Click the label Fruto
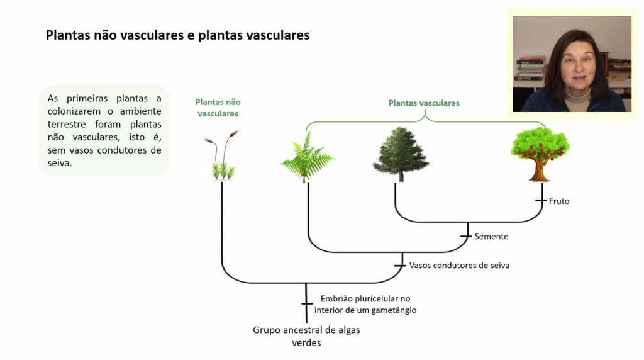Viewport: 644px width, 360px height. pyautogui.click(x=559, y=201)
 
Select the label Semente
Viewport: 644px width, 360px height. pyautogui.click(x=491, y=237)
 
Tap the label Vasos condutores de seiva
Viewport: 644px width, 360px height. pyautogui.click(x=459, y=266)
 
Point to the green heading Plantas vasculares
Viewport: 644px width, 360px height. pyautogui.click(x=424, y=103)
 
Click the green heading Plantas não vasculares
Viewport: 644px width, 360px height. pyautogui.click(x=218, y=108)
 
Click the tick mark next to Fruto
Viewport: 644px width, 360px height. pyautogui.click(x=540, y=201)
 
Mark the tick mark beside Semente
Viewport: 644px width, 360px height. pyautogui.click(x=465, y=237)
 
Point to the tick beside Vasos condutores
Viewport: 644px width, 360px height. pyautogui.click(x=399, y=266)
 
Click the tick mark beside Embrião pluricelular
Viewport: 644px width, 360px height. pyautogui.click(x=306, y=304)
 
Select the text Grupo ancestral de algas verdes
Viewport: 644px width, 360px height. pyautogui.click(x=306, y=336)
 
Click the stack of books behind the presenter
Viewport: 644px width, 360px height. pyautogui.click(x=530, y=69)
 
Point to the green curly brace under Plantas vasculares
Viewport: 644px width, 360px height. pyautogui.click(x=425, y=117)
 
